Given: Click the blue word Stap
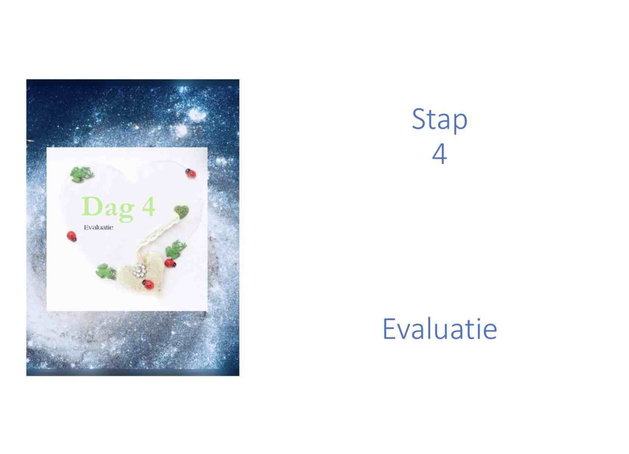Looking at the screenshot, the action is pyautogui.click(x=440, y=120).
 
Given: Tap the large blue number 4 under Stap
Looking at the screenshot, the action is pyautogui.click(x=440, y=153).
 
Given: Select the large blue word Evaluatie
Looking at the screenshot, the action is pyautogui.click(x=440, y=329).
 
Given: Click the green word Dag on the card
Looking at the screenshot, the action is pyautogui.click(x=108, y=208).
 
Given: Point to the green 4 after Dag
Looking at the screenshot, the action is pyautogui.click(x=148, y=206).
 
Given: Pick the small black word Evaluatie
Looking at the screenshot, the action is pyautogui.click(x=99, y=227).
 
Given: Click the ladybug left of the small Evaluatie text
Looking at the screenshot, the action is pyautogui.click(x=71, y=236).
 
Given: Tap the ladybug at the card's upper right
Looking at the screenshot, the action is pyautogui.click(x=191, y=173).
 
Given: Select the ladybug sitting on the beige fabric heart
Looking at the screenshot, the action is pyautogui.click(x=148, y=284).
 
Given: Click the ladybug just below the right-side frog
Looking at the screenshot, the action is pyautogui.click(x=170, y=263).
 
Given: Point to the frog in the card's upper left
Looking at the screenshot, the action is pyautogui.click(x=82, y=174).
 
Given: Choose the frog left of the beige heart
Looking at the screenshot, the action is pyautogui.click(x=106, y=271).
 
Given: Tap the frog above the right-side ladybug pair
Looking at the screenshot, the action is pyautogui.click(x=176, y=248).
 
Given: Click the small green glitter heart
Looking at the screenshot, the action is pyautogui.click(x=181, y=211).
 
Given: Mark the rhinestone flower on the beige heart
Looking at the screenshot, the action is pyautogui.click(x=139, y=270).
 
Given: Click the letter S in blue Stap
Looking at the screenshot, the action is pyautogui.click(x=419, y=119).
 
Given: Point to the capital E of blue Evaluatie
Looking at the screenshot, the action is pyautogui.click(x=389, y=329).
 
